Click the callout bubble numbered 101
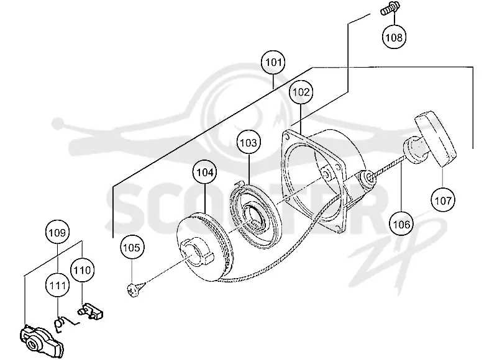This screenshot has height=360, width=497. tap(273, 62)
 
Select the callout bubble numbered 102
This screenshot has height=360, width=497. tap(301, 92)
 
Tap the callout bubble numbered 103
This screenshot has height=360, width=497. tap(248, 143)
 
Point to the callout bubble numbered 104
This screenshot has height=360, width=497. tap(205, 173)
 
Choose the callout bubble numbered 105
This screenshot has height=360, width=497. tap(132, 247)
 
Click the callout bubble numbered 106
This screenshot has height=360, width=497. tap(401, 225)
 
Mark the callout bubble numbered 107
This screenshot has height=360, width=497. tap(443, 200)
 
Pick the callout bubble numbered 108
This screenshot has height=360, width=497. tap(394, 37)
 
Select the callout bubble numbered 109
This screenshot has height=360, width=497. tap(57, 233)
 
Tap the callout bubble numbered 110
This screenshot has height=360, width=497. tap(83, 270)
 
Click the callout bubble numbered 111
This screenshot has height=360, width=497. tap(58, 286)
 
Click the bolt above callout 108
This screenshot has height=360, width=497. tap(390, 9)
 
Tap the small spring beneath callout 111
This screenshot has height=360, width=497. tap(65, 324)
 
